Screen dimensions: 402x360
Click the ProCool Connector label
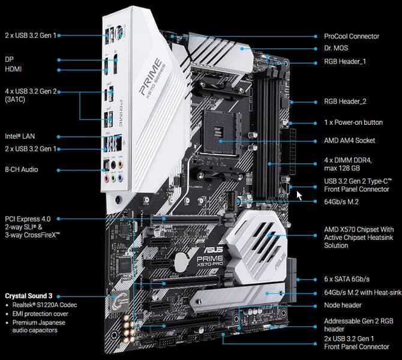pyautogui.click(x=352, y=36)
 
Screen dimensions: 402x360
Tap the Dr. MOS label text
pyautogui.click(x=336, y=48)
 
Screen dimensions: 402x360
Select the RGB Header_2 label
pyautogui.click(x=345, y=101)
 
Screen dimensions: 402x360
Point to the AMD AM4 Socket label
pyautogui.click(x=349, y=140)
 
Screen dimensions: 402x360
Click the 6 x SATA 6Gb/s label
pyautogui.click(x=347, y=279)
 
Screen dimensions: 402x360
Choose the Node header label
pyautogui.click(x=343, y=305)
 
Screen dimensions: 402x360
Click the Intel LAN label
pyautogui.click(x=20, y=136)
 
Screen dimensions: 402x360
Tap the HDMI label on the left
pyautogui.click(x=13, y=69)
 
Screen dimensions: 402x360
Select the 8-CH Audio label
pyautogui.click(x=21, y=169)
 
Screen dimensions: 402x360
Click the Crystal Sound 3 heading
pyautogui.click(x=28, y=296)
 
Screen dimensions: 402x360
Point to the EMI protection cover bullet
pyautogui.click(x=40, y=314)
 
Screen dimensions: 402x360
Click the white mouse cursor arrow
pyautogui.click(x=299, y=196)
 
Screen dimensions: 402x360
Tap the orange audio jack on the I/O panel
pyautogui.click(x=120, y=164)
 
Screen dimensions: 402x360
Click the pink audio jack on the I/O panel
pyautogui.click(x=106, y=178)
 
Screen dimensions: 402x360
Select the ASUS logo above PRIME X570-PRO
pyautogui.click(x=214, y=249)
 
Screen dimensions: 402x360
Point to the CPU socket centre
pyautogui.click(x=220, y=133)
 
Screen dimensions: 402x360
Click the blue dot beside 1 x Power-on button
pyautogui.click(x=316, y=123)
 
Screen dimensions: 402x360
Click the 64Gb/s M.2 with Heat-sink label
pyautogui.click(x=362, y=292)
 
